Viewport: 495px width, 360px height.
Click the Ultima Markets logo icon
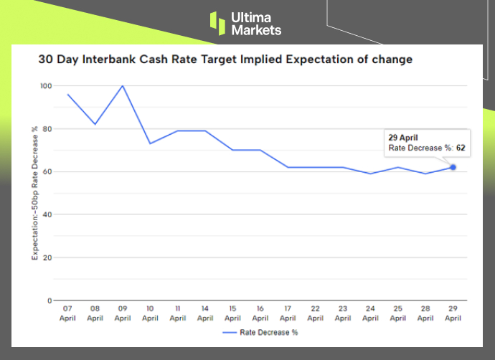[217, 22]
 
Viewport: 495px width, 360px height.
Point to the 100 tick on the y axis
[47, 86]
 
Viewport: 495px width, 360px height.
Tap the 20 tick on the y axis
[48, 257]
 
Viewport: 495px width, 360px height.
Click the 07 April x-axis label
[68, 313]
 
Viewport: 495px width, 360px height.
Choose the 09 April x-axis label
[123, 313]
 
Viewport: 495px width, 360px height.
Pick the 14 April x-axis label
[205, 313]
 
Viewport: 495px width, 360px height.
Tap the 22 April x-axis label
[315, 313]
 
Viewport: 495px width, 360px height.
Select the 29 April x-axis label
[453, 313]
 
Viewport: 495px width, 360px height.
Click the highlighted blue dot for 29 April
[453, 167]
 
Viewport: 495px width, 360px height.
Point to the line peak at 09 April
[123, 86]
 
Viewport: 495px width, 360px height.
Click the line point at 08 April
[95, 124]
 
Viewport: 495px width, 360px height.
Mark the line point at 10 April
[151, 143]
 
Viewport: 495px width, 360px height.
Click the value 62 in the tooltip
[461, 148]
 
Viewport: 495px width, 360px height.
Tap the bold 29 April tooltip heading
[404, 137]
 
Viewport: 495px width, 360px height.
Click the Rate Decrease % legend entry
[261, 333]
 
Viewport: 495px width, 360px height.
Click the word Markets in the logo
[256, 30]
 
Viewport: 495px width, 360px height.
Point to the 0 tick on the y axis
[50, 300]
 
